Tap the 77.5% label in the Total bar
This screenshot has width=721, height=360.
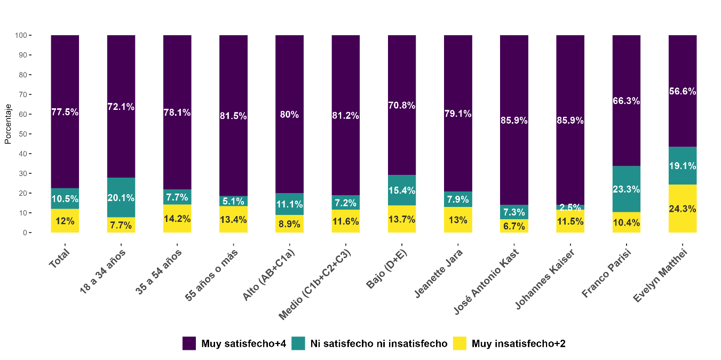click(65, 112)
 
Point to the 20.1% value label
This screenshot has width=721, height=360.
click(121, 198)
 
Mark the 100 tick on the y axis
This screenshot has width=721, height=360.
click(21, 35)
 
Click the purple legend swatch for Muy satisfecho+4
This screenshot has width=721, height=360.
click(189, 343)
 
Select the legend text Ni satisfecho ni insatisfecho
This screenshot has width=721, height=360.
click(378, 343)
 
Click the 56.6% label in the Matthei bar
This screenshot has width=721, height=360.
click(682, 91)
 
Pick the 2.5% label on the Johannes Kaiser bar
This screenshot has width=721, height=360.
click(570, 207)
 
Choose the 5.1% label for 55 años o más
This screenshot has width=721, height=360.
click(233, 201)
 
